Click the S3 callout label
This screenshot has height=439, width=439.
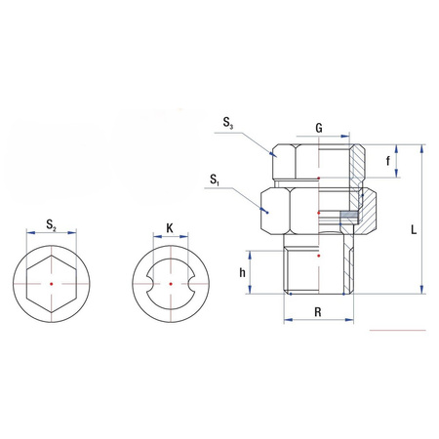pyautogui.click(x=227, y=124)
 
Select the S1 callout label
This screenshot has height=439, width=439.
pyautogui.click(x=214, y=180)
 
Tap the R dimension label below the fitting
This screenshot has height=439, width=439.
pyautogui.click(x=318, y=313)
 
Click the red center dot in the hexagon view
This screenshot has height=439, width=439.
pyautogui.click(x=51, y=284)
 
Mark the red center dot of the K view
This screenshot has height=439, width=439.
pyautogui.click(x=170, y=284)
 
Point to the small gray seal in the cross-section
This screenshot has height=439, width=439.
pyautogui.click(x=348, y=212)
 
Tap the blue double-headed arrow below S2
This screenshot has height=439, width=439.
pyautogui.click(x=51, y=237)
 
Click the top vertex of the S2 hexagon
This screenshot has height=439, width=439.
pyautogui.click(x=51, y=259)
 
